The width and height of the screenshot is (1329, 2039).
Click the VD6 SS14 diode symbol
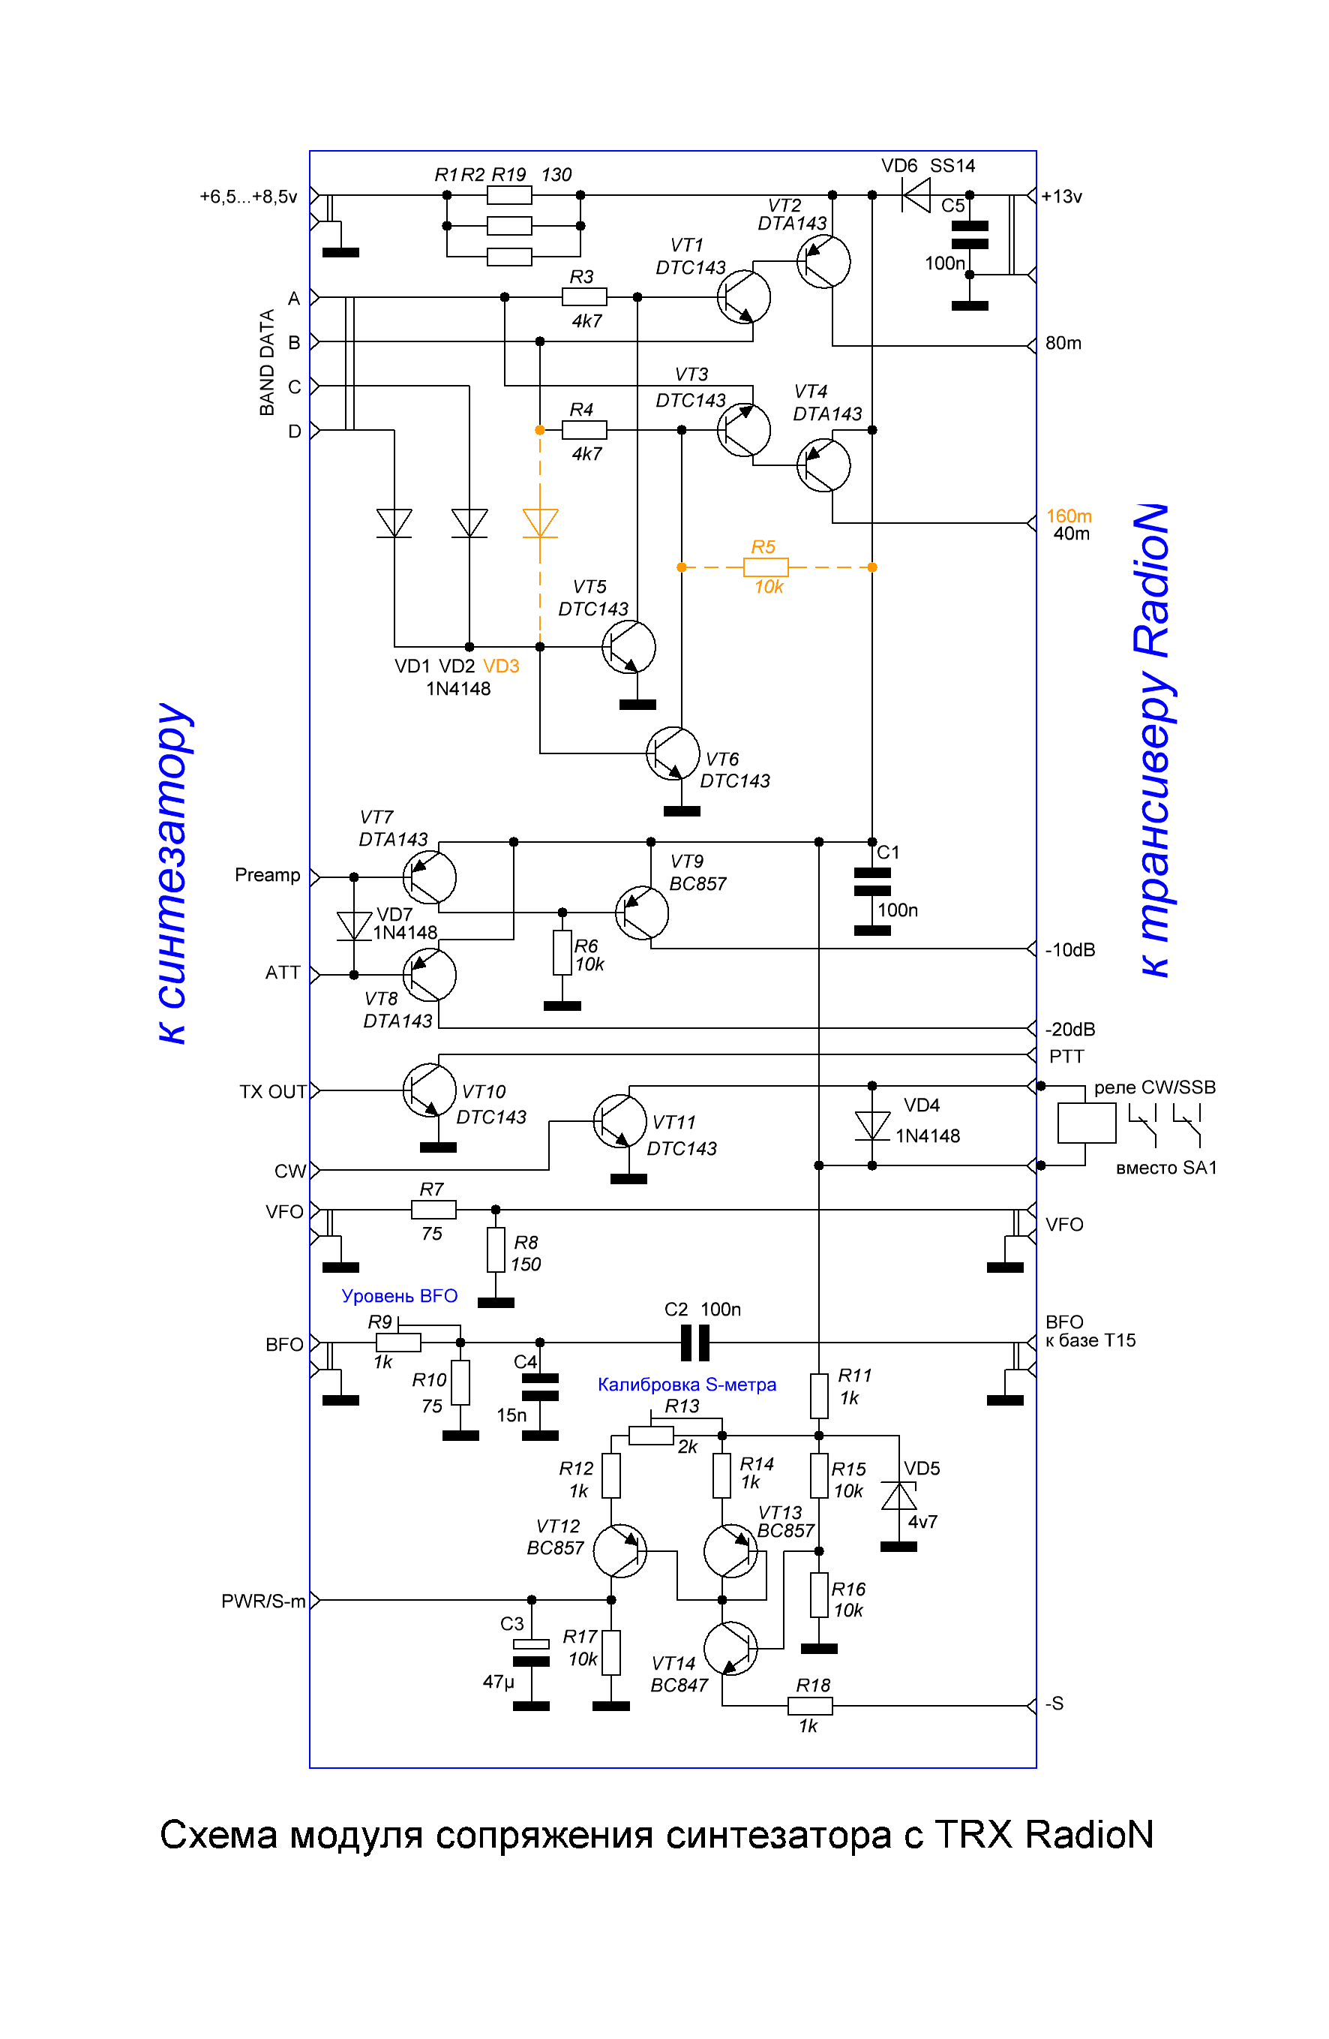click(917, 195)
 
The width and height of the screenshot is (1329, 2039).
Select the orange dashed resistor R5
click(766, 567)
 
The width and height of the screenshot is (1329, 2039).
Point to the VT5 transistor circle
click(628, 648)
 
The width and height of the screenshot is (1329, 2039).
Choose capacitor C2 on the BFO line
click(694, 1343)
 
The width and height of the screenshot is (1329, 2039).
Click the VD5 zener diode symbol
click(898, 1496)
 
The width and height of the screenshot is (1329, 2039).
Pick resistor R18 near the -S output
click(809, 1706)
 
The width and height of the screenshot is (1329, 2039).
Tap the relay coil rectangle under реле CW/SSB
click(1087, 1122)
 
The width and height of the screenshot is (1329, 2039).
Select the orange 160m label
click(1069, 516)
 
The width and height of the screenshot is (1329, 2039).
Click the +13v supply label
click(1062, 196)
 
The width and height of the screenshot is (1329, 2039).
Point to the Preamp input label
click(267, 875)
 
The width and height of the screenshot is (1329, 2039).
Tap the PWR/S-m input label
click(263, 1601)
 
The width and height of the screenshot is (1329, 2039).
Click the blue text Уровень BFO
click(399, 1296)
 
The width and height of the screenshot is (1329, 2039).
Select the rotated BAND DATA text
click(267, 362)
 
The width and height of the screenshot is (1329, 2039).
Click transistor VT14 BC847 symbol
click(730, 1647)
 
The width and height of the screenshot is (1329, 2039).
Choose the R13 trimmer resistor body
click(651, 1436)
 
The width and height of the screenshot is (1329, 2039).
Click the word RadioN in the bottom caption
click(1089, 1835)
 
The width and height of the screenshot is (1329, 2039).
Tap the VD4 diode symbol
click(871, 1126)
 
